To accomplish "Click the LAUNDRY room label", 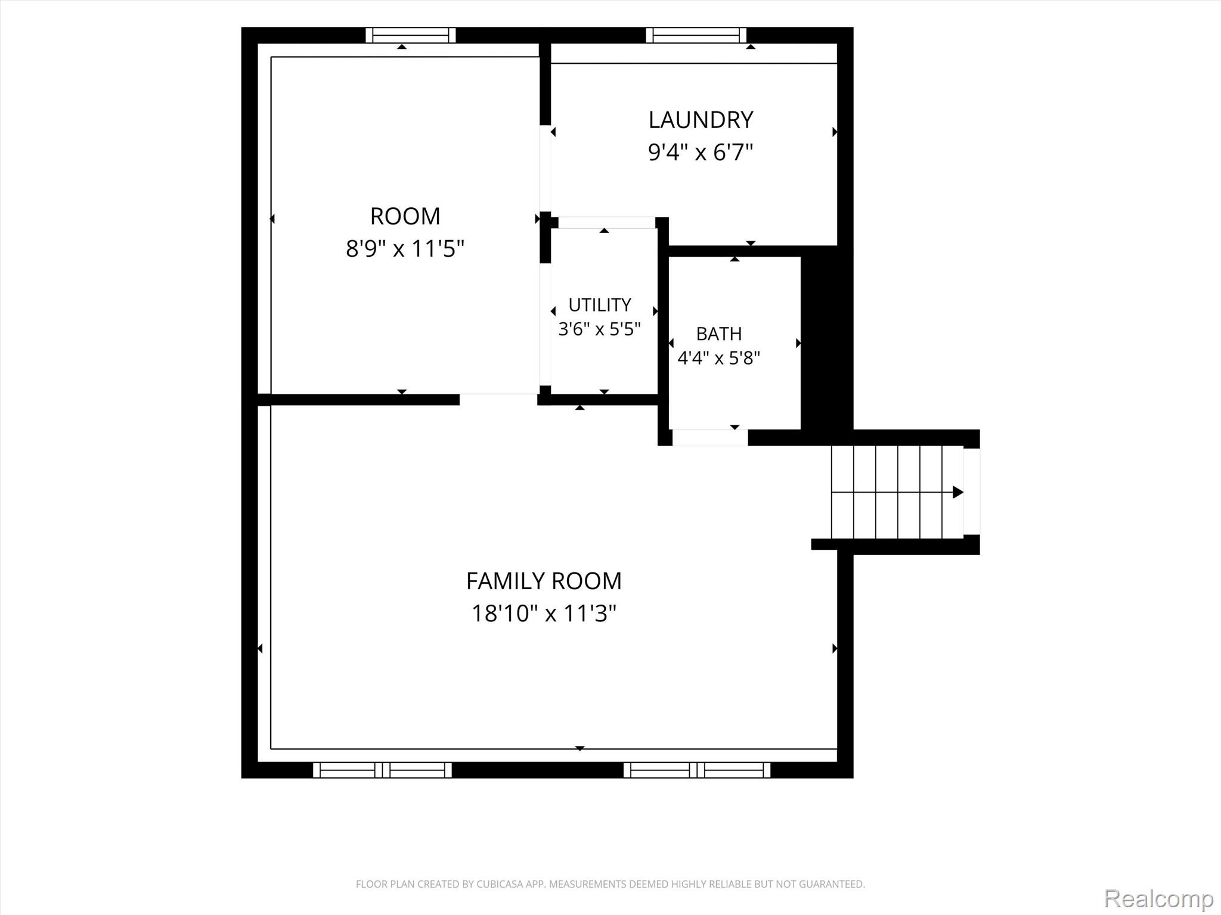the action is [x=701, y=120].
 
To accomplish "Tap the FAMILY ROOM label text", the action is [x=544, y=581].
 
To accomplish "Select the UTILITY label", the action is [x=599, y=305].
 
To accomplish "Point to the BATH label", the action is [x=719, y=334].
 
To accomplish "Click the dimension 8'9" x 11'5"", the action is [x=405, y=248].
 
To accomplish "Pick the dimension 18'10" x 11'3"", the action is [x=544, y=613].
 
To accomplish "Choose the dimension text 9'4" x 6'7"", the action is [x=701, y=152].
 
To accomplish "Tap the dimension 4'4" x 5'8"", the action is [x=719, y=358].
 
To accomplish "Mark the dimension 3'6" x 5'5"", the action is [x=599, y=329].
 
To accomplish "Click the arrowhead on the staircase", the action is [x=958, y=492].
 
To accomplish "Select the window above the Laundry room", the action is [x=696, y=35].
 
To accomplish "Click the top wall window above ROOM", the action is [x=411, y=35].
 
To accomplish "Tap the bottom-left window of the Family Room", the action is [x=382, y=770].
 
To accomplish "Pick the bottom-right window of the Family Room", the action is [x=697, y=770].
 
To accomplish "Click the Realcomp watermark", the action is [x=1158, y=898].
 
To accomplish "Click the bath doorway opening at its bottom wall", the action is [x=710, y=437].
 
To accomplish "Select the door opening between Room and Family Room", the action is [x=498, y=400].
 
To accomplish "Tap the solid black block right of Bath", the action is [x=826, y=343].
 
